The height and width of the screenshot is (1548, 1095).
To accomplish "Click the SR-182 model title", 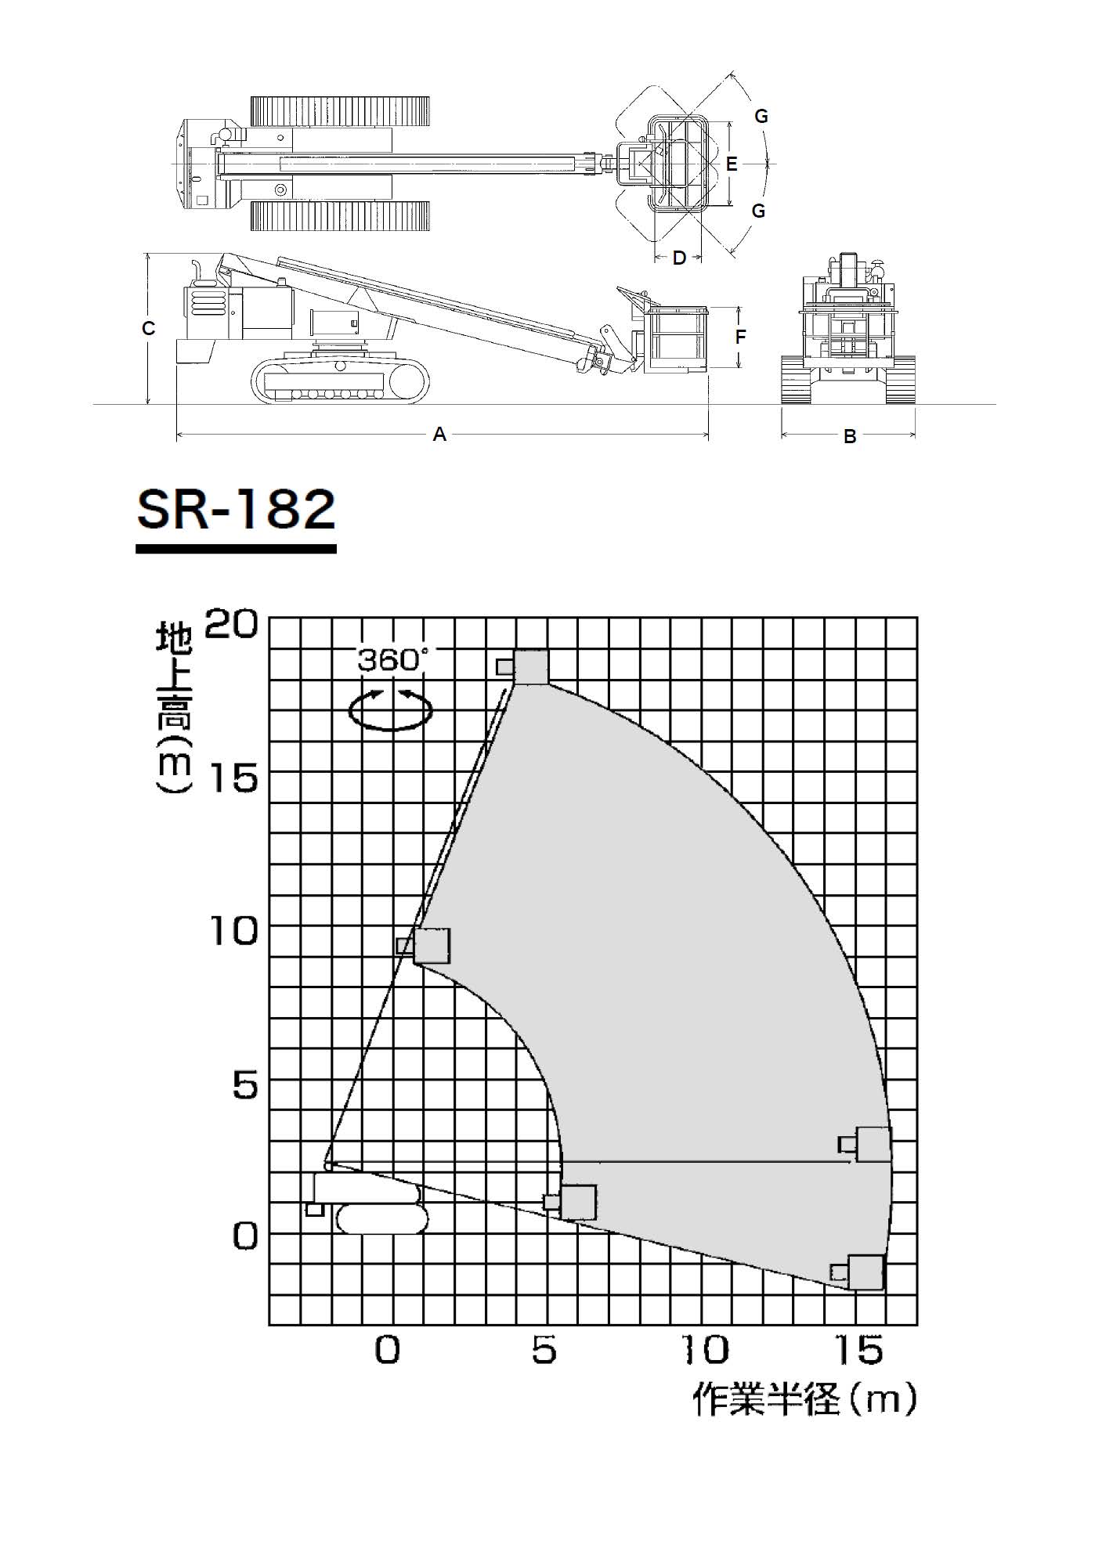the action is pos(236,510).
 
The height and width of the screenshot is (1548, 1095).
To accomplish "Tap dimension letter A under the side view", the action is pos(439,434).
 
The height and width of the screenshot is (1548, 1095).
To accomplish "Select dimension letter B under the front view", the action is pos(850,437).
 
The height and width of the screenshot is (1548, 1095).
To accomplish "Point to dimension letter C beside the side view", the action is pos(148,329).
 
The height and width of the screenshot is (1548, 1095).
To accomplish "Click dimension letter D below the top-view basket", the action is pos(679,258).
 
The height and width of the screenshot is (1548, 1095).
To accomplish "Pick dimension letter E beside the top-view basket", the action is pos(732,164).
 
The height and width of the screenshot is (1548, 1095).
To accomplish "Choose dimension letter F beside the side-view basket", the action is pos(740,337).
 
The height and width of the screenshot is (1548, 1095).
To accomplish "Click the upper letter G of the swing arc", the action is pos(761,117).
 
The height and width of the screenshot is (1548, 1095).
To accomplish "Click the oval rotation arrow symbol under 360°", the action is pos(391,709).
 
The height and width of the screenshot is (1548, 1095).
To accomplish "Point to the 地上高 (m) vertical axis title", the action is pos(173,708).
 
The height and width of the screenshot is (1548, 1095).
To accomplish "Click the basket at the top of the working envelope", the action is pos(530,667).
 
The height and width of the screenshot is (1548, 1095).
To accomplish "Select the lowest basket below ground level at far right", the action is pos(865,1272).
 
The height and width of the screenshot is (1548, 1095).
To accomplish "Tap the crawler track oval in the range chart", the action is pos(382,1219).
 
